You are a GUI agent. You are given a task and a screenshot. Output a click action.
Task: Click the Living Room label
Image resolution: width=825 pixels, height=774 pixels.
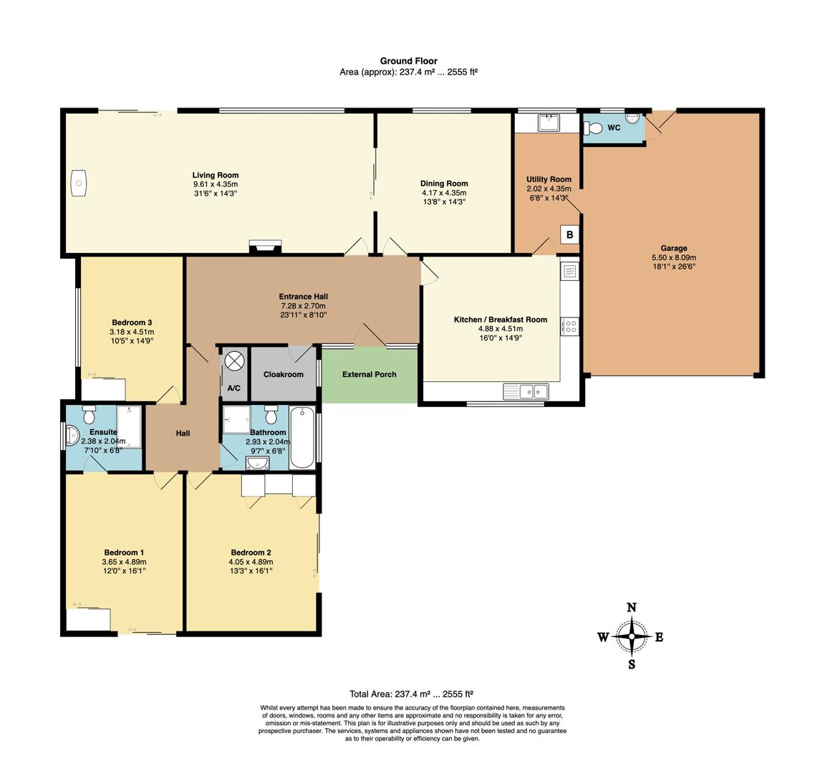tap(215, 176)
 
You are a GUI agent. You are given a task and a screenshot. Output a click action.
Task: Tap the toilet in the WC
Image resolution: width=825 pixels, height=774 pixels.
tap(593, 128)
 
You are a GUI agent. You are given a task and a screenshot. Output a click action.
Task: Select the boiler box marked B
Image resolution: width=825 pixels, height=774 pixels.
tap(569, 235)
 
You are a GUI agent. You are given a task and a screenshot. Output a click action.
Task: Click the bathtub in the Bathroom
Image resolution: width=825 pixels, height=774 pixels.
tap(302, 437)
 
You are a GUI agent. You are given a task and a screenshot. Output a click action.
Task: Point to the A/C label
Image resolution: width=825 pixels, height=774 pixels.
tap(233, 388)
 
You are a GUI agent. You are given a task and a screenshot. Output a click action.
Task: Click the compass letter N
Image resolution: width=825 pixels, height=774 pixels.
tap(632, 608)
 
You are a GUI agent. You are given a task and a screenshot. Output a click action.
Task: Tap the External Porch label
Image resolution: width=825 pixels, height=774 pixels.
tap(370, 374)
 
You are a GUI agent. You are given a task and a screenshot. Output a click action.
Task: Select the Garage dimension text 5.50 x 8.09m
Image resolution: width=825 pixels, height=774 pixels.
tap(674, 257)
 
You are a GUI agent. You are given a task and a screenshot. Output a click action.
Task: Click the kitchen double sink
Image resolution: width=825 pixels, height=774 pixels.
tap(526, 392)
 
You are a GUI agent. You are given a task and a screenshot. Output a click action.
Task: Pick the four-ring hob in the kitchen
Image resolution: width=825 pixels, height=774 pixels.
tap(570, 327)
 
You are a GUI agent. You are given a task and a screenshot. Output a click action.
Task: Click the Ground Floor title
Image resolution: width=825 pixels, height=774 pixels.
tap(409, 61)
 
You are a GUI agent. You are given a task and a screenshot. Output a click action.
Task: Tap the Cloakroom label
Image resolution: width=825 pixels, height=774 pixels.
tap(284, 374)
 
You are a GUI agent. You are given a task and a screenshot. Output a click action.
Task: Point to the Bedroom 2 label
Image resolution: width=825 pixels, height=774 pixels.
tap(251, 553)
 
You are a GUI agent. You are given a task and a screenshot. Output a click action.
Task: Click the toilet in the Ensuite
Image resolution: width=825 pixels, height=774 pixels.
tap(89, 414)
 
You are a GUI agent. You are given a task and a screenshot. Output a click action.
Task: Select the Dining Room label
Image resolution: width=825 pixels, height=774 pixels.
tap(444, 183)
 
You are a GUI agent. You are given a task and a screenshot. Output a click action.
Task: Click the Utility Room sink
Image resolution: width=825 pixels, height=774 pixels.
tap(549, 123)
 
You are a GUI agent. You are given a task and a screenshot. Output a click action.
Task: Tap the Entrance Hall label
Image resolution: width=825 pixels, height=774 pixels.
tap(304, 297)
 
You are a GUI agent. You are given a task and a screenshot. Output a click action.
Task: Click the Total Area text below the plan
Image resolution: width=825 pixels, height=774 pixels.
tap(412, 694)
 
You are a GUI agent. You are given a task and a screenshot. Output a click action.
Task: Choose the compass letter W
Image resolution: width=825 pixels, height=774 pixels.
tap(603, 637)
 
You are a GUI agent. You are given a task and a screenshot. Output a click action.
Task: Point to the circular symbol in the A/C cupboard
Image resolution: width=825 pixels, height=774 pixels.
tap(234, 361)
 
